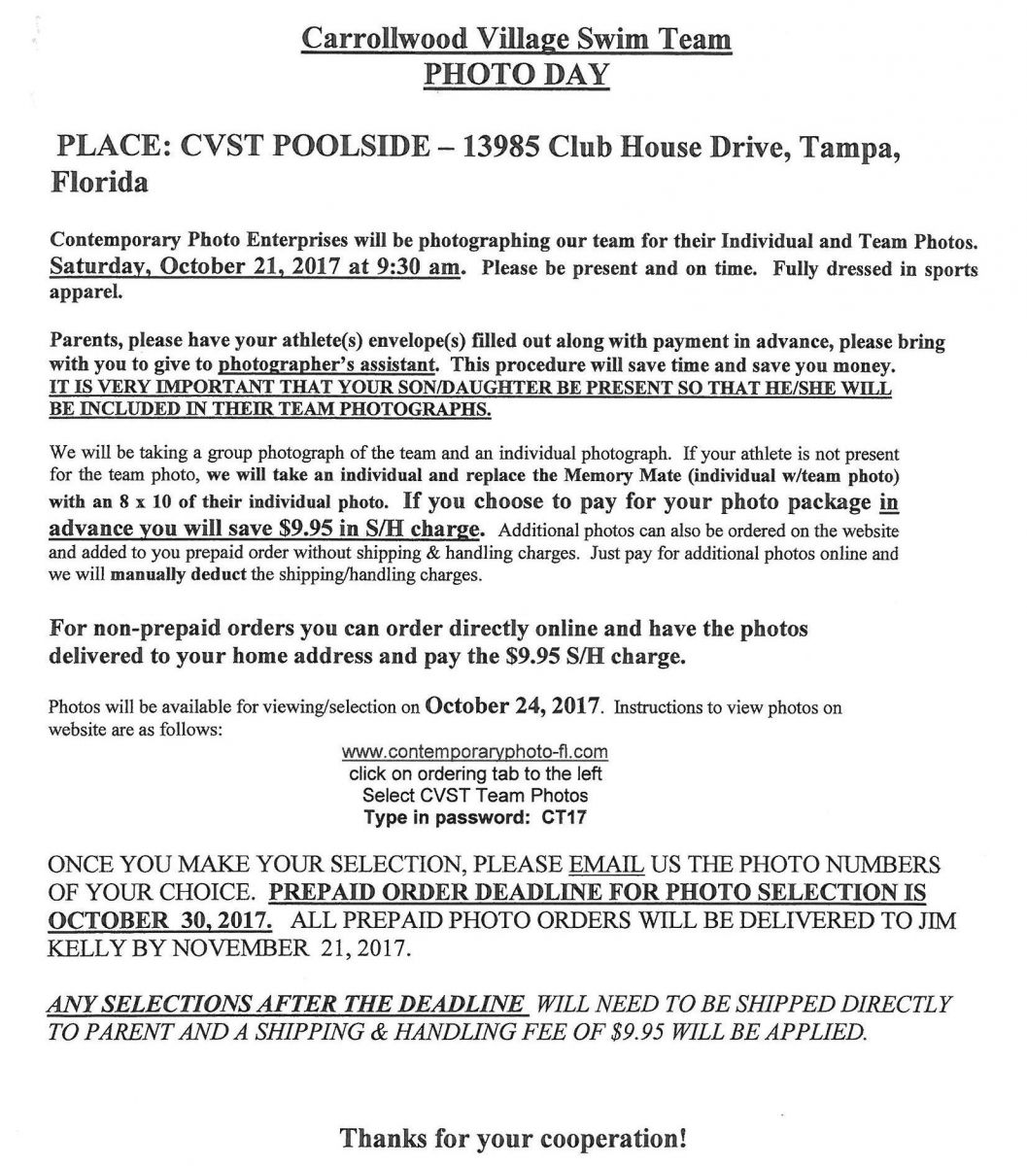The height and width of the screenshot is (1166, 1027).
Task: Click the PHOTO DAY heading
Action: tap(515, 74)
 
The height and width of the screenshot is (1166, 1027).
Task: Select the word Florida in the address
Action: tap(99, 183)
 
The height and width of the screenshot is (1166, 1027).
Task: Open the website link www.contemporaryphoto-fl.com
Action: tap(475, 752)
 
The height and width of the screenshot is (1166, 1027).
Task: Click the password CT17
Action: tap(564, 817)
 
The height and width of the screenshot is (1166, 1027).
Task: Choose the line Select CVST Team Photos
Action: tap(475, 796)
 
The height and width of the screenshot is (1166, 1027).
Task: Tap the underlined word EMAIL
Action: tap(605, 865)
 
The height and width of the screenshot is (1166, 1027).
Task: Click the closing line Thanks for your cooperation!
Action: tap(514, 1137)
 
